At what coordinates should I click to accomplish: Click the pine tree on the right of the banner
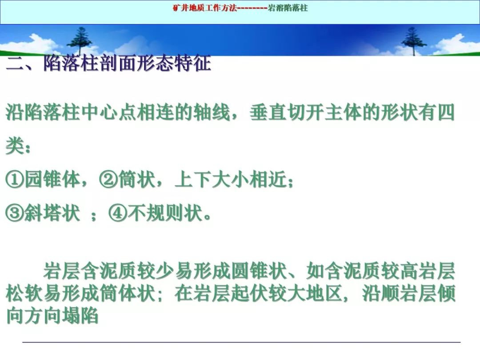[x=414, y=41]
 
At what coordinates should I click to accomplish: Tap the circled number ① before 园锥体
[x=15, y=180]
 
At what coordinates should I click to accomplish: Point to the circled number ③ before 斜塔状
[x=15, y=213]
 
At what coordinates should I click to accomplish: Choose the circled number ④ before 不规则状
[x=118, y=213]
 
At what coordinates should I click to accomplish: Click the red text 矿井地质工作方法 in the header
[x=205, y=8]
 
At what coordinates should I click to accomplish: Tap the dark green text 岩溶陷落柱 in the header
[x=288, y=8]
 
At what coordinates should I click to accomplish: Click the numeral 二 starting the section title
[x=15, y=64]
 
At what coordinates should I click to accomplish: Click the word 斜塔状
[x=52, y=213]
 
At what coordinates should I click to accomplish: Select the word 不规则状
[x=165, y=213]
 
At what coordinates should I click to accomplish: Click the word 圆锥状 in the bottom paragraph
[x=259, y=271]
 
